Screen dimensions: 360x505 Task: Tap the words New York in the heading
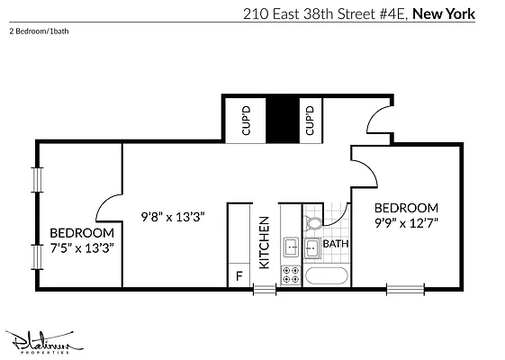(x=444, y=14)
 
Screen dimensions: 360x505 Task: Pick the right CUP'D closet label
(x=309, y=121)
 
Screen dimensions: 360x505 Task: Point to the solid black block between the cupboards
(x=282, y=119)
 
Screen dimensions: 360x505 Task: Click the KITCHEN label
(x=265, y=243)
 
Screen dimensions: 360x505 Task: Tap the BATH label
(x=336, y=244)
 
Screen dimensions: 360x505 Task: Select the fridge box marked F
(x=239, y=276)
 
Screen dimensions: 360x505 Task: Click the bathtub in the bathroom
(x=324, y=276)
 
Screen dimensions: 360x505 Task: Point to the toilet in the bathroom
(x=314, y=221)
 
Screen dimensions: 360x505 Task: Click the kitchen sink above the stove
(x=292, y=246)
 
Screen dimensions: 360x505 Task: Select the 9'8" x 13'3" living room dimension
(x=175, y=216)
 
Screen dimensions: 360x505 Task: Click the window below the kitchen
(x=265, y=289)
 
